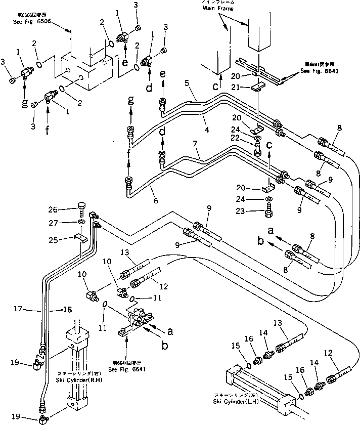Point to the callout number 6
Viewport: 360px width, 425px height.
coord(155,201)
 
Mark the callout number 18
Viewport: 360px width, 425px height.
coord(66,310)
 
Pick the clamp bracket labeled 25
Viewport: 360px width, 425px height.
coord(81,237)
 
